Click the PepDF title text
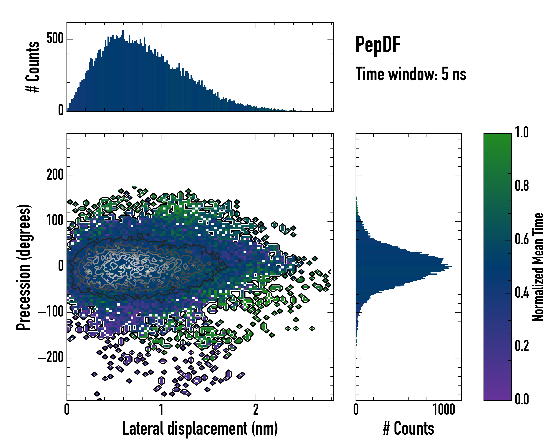point(378,45)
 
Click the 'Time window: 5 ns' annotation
point(411,74)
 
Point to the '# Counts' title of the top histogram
point(33,67)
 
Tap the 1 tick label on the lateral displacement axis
point(161,409)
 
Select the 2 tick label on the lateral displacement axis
point(256,409)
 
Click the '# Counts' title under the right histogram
point(408,428)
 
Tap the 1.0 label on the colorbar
point(522,132)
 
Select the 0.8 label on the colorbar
point(522,186)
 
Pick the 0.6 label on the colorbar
point(522,239)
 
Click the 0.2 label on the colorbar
point(522,346)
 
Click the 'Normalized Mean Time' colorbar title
point(538,267)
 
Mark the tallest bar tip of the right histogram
point(451,266)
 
